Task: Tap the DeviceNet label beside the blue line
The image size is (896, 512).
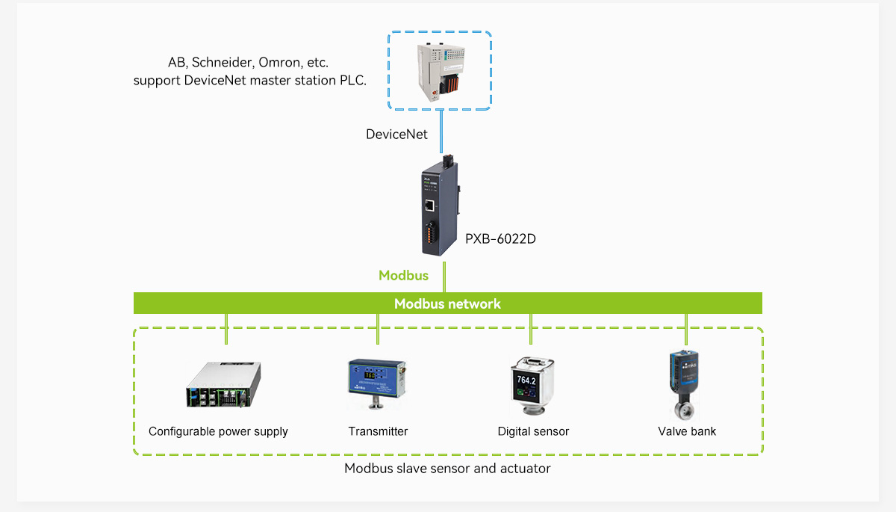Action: pos(396,135)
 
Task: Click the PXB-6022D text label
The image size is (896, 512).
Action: pos(501,239)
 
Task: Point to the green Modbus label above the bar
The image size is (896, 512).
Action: pos(403,275)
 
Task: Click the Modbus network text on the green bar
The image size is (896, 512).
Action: pos(447,303)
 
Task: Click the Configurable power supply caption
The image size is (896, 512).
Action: pos(218,431)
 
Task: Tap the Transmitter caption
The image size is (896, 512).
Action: pos(378,431)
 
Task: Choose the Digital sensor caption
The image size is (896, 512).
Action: pos(533,431)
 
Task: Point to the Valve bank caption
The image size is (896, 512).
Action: pos(687,431)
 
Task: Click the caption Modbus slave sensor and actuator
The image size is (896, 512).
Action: pos(447,469)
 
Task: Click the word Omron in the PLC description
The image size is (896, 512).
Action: pos(278,62)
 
